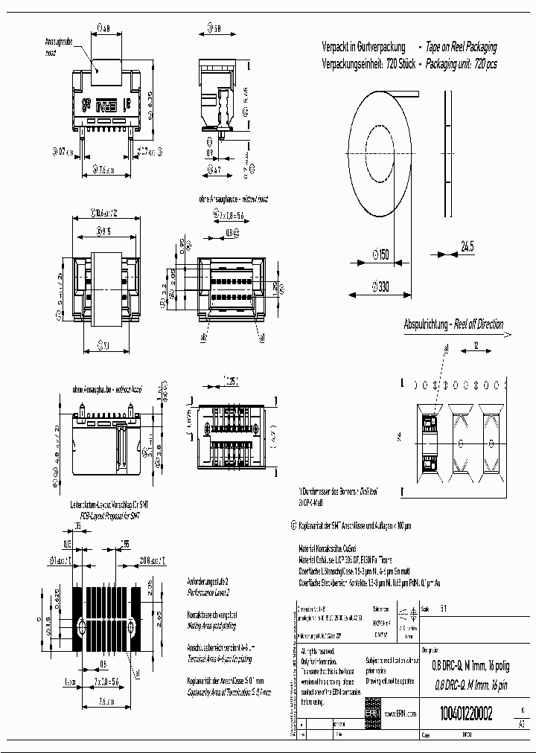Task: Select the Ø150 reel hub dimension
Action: point(379,254)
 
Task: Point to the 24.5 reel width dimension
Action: point(467,246)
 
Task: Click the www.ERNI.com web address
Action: point(400,712)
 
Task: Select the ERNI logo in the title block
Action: point(371,712)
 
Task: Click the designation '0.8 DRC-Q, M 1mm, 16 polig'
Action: point(463,667)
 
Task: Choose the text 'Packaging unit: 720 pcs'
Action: point(462,64)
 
